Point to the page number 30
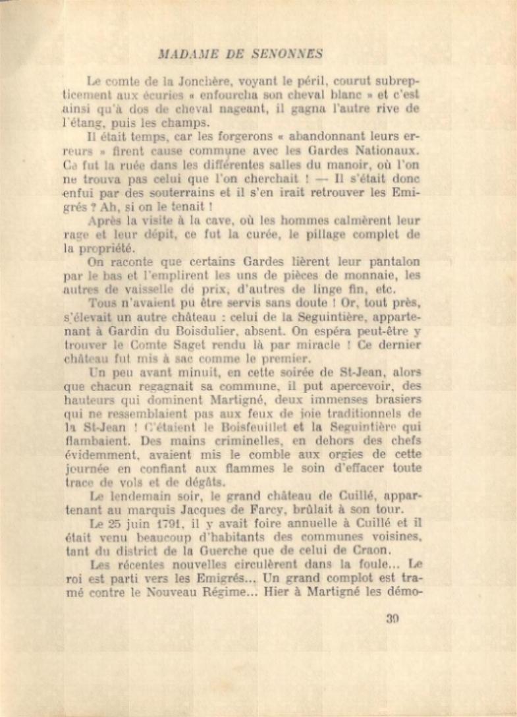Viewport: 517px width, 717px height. pos(393,618)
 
